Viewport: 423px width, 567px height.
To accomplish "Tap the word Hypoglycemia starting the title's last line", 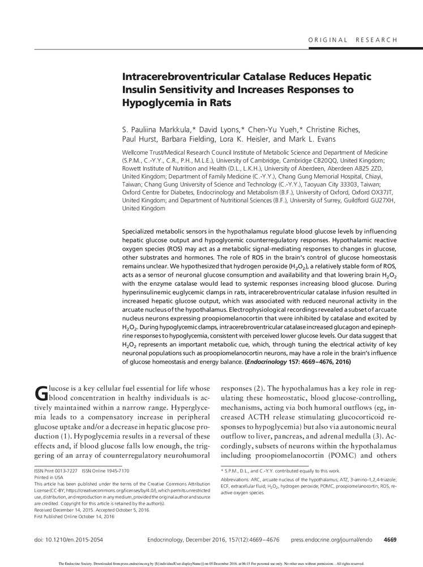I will (x=156, y=104).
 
